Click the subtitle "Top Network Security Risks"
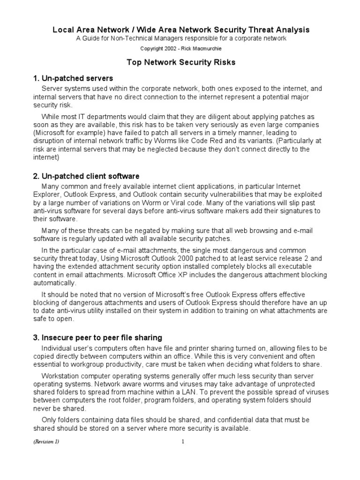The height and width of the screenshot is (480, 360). (181, 62)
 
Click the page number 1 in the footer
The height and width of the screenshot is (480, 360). (184, 442)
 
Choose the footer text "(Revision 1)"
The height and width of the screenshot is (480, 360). (46, 442)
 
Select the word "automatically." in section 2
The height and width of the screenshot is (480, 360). (54, 283)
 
